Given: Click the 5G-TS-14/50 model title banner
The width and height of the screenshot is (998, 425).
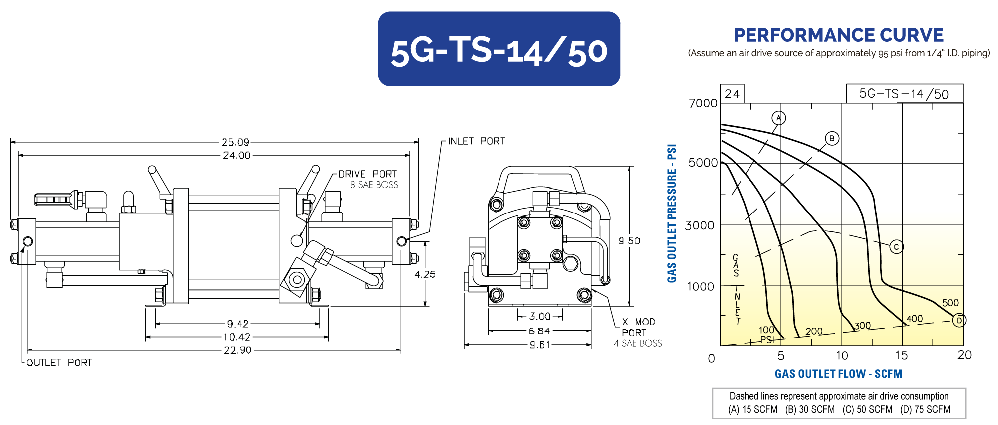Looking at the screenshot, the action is click(x=499, y=49).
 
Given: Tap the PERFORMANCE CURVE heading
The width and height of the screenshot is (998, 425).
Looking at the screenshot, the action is click(x=838, y=35).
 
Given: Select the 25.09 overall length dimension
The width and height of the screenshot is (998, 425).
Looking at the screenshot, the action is click(x=236, y=142).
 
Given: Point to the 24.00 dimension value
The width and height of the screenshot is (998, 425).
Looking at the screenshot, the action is click(x=237, y=155).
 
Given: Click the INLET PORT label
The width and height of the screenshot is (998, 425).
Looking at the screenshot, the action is click(x=477, y=141).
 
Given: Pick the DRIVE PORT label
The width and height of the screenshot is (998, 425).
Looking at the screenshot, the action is click(x=367, y=174).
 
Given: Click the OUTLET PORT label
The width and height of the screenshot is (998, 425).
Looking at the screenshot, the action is click(x=59, y=362).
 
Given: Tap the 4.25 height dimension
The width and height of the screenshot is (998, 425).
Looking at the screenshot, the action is click(x=425, y=274).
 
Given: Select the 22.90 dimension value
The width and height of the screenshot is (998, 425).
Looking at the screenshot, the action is click(x=238, y=350).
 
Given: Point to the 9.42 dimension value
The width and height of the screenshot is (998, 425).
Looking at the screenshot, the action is click(x=238, y=324).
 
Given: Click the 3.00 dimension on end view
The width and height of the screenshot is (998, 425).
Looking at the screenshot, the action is click(x=540, y=316).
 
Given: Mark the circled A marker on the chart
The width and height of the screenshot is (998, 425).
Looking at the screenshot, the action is click(x=778, y=118).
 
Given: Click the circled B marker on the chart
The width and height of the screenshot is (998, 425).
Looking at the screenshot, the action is click(x=832, y=138).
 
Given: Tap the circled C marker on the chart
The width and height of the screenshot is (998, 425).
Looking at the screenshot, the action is click(x=896, y=246).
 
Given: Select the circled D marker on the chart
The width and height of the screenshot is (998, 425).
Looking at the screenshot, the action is click(x=959, y=320).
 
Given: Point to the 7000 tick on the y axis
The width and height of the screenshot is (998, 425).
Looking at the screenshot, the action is click(x=703, y=103).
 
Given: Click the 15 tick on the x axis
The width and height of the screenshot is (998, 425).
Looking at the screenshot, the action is click(x=901, y=355).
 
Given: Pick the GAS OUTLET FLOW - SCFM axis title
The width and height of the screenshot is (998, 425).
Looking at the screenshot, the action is click(x=838, y=374).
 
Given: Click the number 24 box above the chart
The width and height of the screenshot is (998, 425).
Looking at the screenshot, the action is click(x=732, y=94).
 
